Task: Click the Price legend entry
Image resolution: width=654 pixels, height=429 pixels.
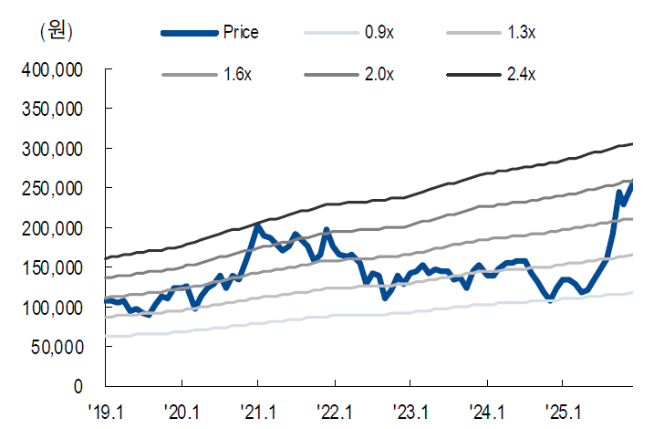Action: tap(241, 32)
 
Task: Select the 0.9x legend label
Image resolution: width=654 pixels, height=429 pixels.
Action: tap(379, 32)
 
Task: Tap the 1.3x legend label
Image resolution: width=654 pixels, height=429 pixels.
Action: tap(520, 32)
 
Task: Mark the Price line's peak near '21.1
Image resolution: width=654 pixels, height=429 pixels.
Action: tap(257, 226)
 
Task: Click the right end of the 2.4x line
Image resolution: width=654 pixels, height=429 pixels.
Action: tap(633, 143)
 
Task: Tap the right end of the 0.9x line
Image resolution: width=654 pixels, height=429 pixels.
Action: tap(633, 292)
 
